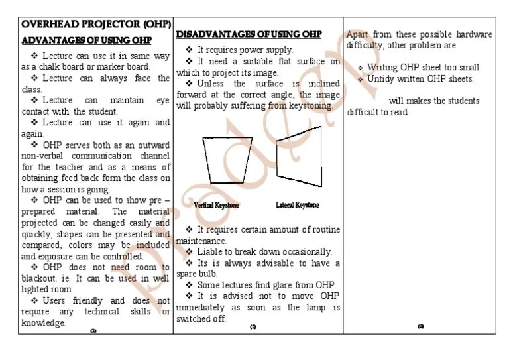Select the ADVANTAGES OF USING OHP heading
pyautogui.click(x=86, y=40)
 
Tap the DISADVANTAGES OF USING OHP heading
pyautogui.click(x=249, y=34)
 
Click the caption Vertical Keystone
pyautogui.click(x=217, y=206)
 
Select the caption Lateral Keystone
pyautogui.click(x=297, y=205)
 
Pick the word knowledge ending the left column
pyautogui.click(x=43, y=323)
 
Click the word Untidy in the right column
pyautogui.click(x=381, y=79)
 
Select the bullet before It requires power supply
pyautogui.click(x=189, y=50)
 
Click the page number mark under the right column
pyautogui.click(x=421, y=326)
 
